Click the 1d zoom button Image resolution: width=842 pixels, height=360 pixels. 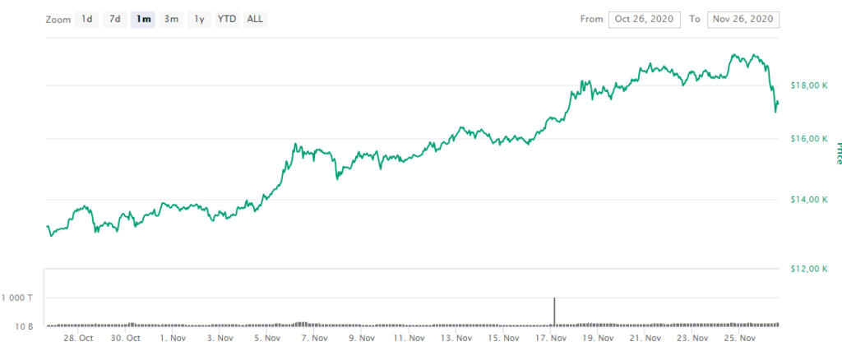86,19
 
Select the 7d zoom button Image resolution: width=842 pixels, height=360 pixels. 115,19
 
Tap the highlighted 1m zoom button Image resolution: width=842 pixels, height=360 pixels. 143,19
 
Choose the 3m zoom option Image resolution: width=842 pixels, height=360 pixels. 171,19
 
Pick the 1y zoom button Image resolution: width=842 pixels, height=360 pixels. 199,19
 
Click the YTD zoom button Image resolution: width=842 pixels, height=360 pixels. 227,19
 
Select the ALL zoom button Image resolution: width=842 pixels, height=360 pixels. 255,19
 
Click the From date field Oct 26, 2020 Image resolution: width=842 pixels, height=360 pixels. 644,19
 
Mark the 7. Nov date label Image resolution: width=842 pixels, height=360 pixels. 316,338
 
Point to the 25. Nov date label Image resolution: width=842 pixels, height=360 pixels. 739,338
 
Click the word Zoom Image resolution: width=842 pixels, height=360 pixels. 58,19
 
